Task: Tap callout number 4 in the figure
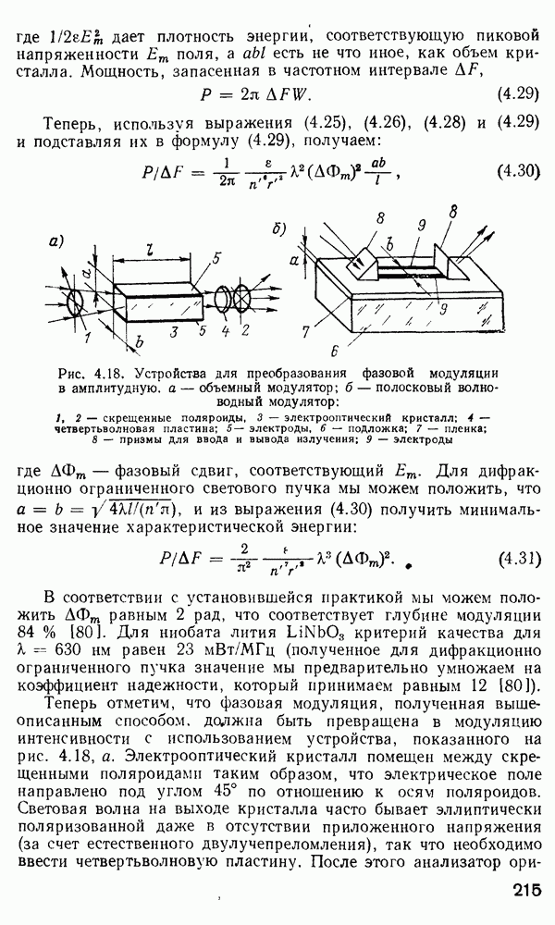pos(227,328)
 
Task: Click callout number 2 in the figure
pos(244,328)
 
